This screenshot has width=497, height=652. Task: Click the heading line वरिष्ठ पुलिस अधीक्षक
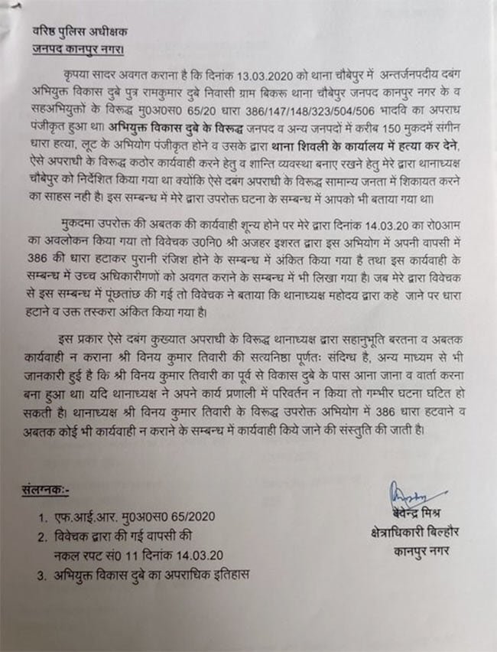[74, 33]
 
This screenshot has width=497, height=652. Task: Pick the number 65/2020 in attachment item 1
[190, 517]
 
